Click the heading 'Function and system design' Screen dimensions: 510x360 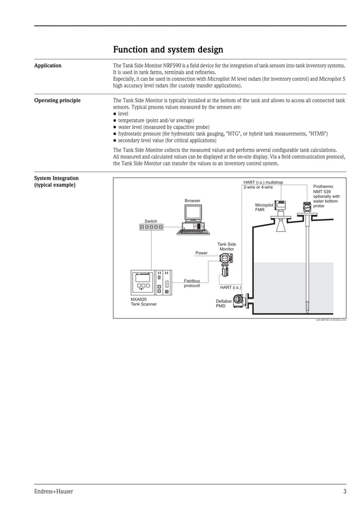click(168, 50)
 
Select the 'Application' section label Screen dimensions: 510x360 click(48, 66)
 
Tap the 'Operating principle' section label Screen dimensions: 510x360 click(58, 101)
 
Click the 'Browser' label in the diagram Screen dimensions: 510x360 click(192, 200)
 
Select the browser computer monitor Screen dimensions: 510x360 click(192, 213)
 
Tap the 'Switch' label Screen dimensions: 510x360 click(151, 221)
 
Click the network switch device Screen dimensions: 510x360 click(151, 227)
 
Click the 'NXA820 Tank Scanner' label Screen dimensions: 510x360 click(144, 302)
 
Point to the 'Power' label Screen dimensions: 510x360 click(201, 253)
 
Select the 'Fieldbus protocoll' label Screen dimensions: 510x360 click(192, 283)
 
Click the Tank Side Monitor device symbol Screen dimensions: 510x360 click(225, 264)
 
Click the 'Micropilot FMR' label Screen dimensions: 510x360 click(264, 207)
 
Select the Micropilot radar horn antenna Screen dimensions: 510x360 click(280, 224)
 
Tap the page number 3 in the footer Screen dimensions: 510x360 click(344, 491)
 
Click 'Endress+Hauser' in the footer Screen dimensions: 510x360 click(54, 491)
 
